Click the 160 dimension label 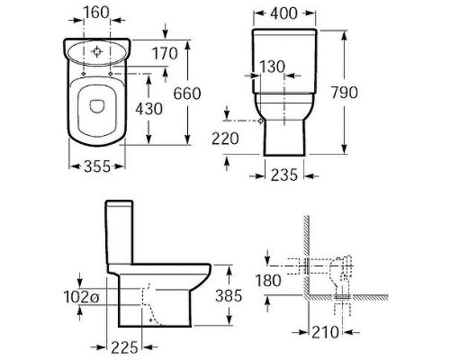tap(96, 13)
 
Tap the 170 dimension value tap(165, 54)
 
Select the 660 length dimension tap(187, 94)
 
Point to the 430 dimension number tap(148, 109)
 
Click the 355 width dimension tap(97, 166)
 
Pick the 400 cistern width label tap(283, 13)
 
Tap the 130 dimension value tap(272, 67)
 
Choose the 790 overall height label tap(345, 93)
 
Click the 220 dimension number tap(225, 139)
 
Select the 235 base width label tap(284, 175)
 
